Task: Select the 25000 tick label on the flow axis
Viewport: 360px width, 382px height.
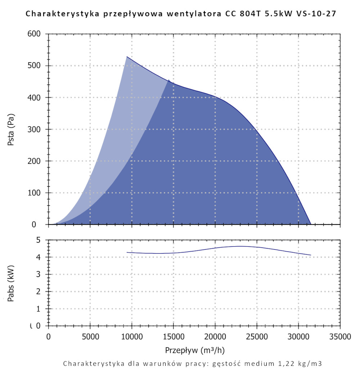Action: pos(257,337)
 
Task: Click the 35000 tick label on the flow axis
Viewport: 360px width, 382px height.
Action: pos(340,337)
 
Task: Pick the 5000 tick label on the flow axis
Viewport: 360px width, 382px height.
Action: pos(90,337)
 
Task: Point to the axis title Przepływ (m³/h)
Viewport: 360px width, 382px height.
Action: pos(195,350)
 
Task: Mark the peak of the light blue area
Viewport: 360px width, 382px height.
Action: pos(127,56)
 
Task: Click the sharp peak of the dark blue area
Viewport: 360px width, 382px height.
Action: pos(168,80)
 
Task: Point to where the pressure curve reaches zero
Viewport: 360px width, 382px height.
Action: pos(310,224)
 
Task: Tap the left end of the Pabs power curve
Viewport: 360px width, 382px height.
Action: pos(127,253)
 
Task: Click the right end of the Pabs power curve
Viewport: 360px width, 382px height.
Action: pos(310,255)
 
